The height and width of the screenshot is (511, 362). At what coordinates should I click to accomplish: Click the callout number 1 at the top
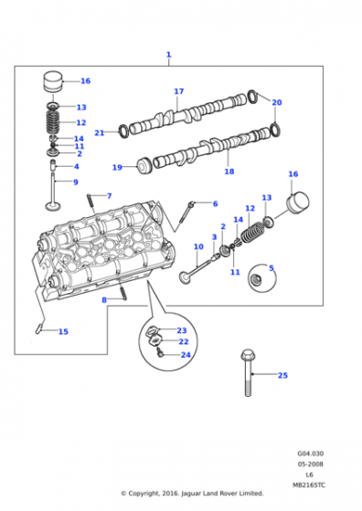pyautogui.click(x=168, y=55)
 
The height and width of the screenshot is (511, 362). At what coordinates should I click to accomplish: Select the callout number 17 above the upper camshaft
pyautogui.click(x=179, y=91)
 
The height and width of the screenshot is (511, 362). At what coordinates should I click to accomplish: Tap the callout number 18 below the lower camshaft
pyautogui.click(x=229, y=172)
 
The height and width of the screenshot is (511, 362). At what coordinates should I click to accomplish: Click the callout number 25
pyautogui.click(x=282, y=375)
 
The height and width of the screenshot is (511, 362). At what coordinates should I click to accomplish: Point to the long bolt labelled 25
pyautogui.click(x=248, y=373)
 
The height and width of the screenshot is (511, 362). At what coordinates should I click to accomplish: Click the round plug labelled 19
pyautogui.click(x=144, y=166)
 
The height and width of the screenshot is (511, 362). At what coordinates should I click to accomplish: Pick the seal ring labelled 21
pyautogui.click(x=123, y=131)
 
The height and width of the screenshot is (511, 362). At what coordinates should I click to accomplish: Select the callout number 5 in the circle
pyautogui.click(x=271, y=268)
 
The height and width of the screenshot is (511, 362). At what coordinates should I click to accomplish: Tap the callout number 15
pyautogui.click(x=63, y=332)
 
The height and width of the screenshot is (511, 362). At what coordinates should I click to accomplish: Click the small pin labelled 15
pyautogui.click(x=37, y=328)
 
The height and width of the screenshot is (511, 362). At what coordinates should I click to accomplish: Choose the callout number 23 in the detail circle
pyautogui.click(x=182, y=330)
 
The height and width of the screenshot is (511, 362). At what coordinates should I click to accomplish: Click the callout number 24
pyautogui.click(x=186, y=355)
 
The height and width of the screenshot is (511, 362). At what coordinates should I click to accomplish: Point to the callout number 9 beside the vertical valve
pyautogui.click(x=76, y=182)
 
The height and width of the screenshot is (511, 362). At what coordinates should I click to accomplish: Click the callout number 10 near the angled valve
pyautogui.click(x=198, y=247)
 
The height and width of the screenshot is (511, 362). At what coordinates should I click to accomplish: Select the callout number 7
pyautogui.click(x=110, y=196)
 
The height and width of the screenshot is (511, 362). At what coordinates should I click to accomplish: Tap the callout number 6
pyautogui.click(x=215, y=204)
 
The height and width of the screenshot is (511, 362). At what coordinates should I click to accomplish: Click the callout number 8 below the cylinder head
pyautogui.click(x=104, y=300)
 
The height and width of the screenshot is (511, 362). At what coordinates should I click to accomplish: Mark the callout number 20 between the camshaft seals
pyautogui.click(x=277, y=102)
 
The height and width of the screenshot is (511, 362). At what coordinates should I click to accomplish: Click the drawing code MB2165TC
pyautogui.click(x=309, y=485)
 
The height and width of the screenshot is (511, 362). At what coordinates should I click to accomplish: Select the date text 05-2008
pyautogui.click(x=310, y=464)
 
